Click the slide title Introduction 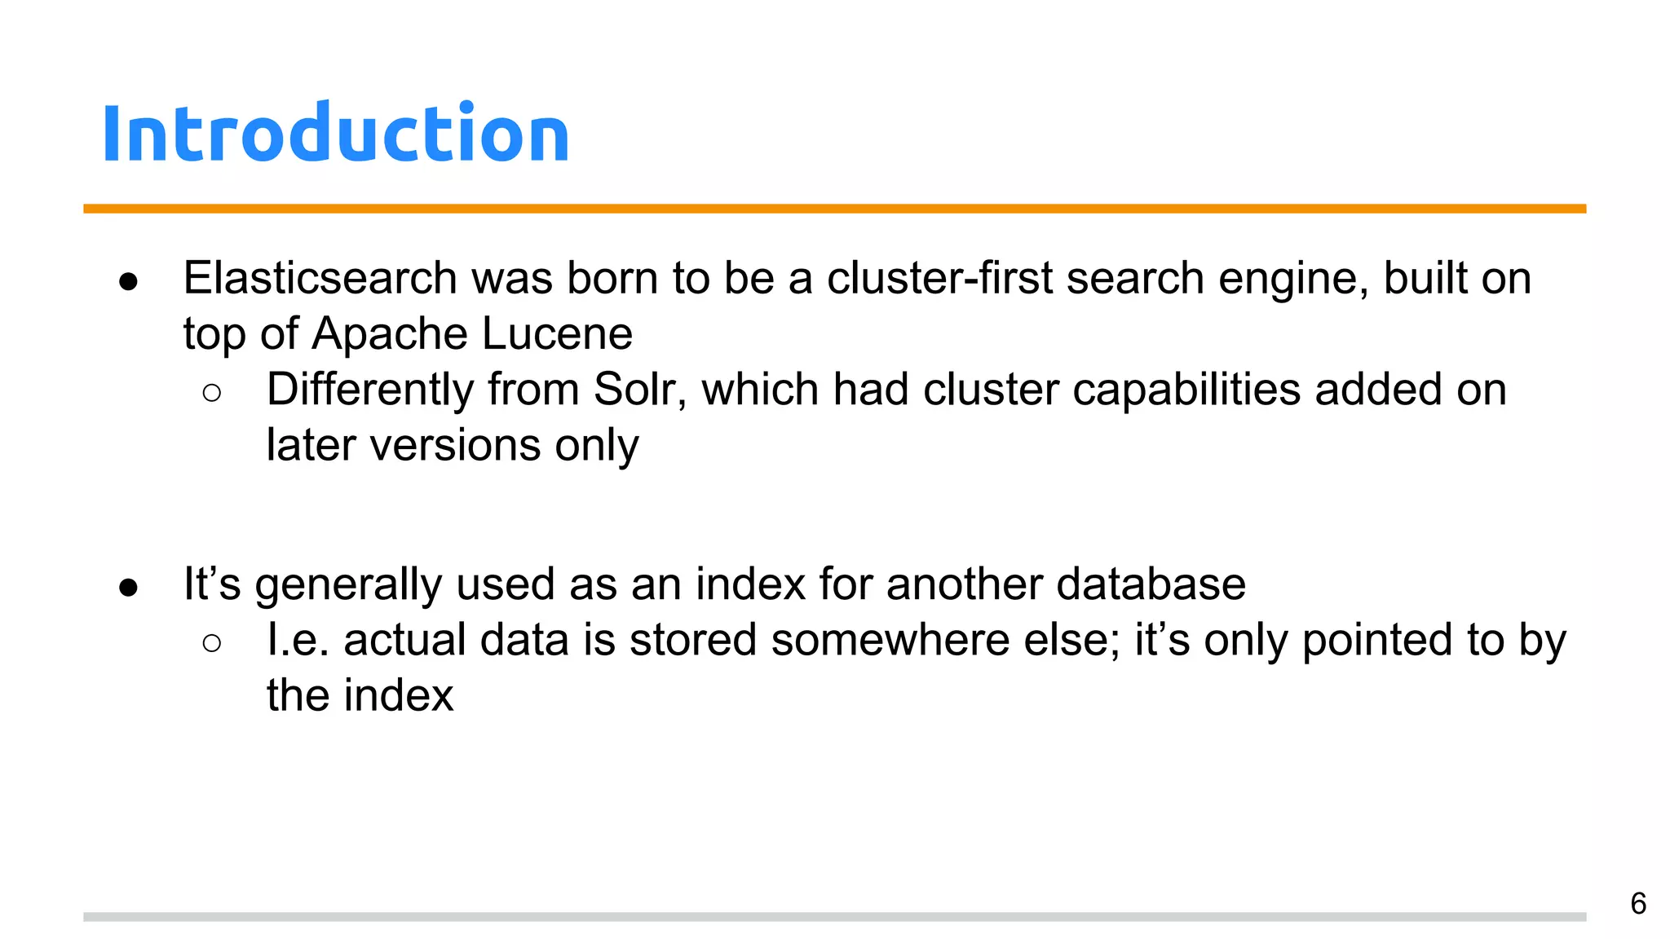[x=335, y=134]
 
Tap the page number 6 [x=1638, y=903]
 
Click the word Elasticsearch [x=320, y=278]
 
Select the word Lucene [x=557, y=333]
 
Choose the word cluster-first [x=939, y=278]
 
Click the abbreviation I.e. [x=298, y=640]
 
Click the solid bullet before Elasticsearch [x=128, y=282]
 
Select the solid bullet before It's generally [x=128, y=588]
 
